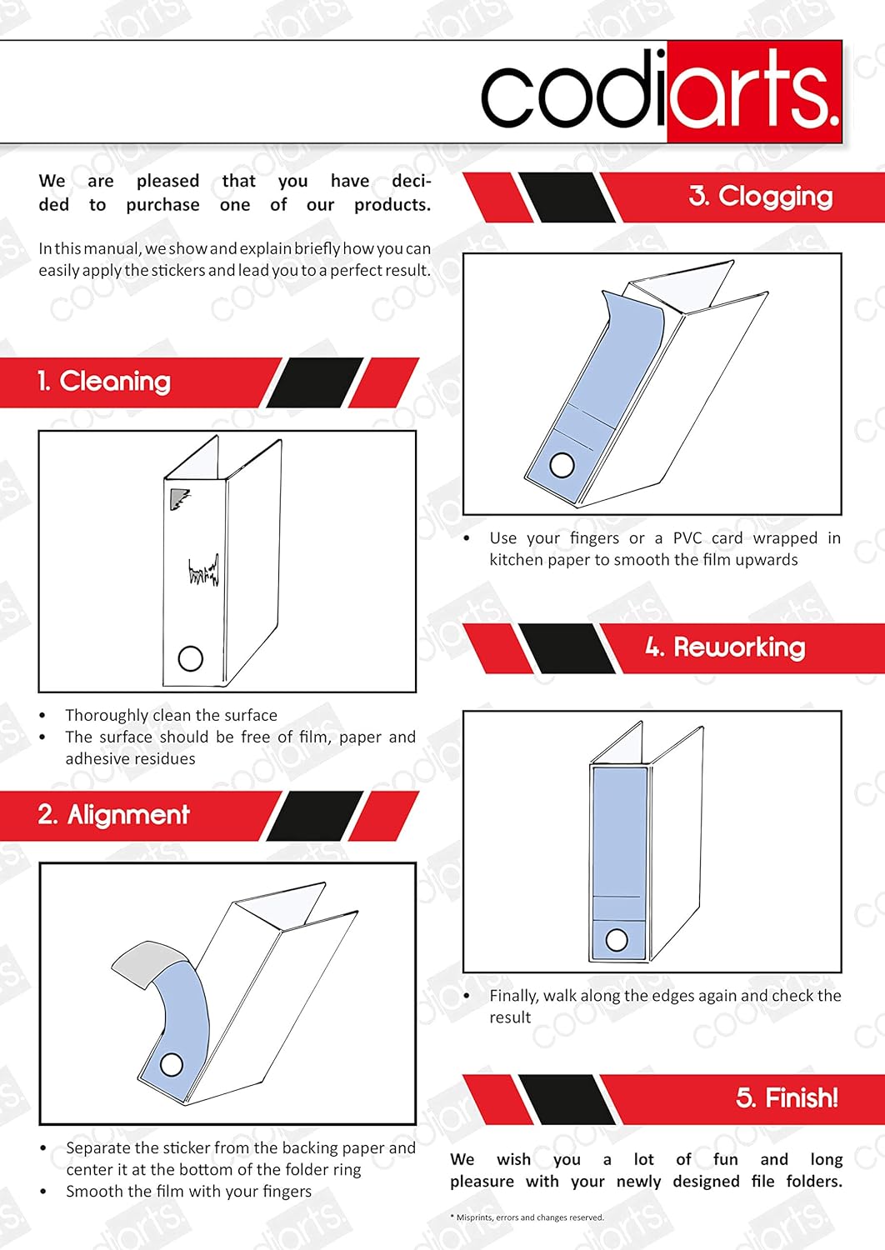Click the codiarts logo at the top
click(x=661, y=92)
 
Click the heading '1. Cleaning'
click(x=104, y=382)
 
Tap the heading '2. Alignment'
click(x=114, y=815)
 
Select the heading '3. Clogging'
click(x=761, y=197)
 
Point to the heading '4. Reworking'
click(x=725, y=647)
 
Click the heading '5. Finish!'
click(x=787, y=1097)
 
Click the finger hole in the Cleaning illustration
click(x=190, y=658)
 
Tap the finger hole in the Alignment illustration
click(x=172, y=1065)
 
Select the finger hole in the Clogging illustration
click(x=562, y=465)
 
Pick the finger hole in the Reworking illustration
click(x=617, y=940)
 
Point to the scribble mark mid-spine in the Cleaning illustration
click(x=203, y=570)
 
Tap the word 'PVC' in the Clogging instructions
click(x=687, y=538)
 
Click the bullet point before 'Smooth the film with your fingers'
click(x=43, y=1192)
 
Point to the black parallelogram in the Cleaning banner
click(x=315, y=382)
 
